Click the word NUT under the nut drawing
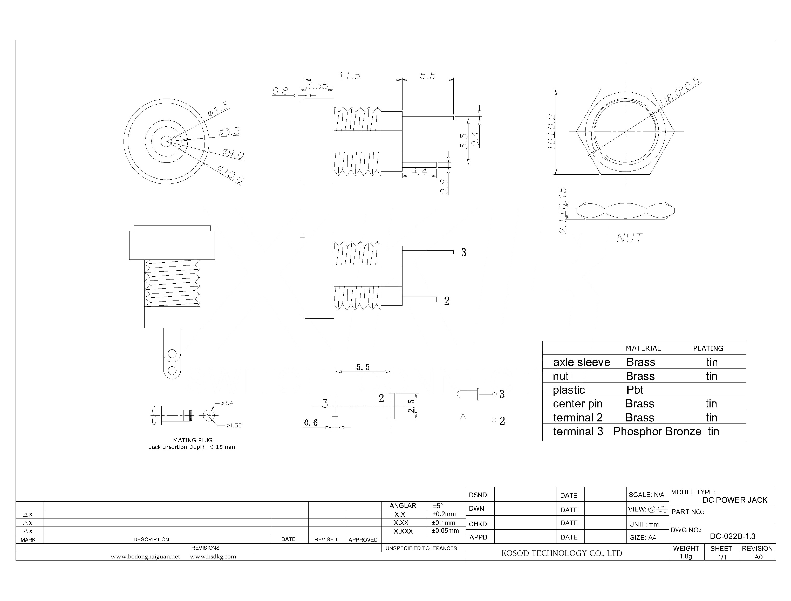(629, 238)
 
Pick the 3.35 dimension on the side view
(317, 85)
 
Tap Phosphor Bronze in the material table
(657, 432)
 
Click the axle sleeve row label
(581, 362)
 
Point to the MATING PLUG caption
(193, 440)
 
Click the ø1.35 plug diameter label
(234, 425)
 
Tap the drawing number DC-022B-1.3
(732, 536)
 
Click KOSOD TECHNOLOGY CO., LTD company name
(561, 553)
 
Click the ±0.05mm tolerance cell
(445, 530)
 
